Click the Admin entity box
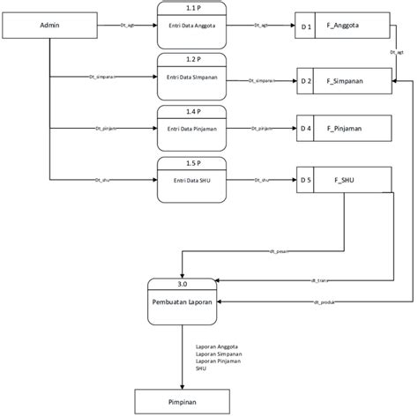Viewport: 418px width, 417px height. pos(50,26)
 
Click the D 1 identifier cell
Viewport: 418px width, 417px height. pos(306,27)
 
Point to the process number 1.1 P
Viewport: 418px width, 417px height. pos(192,7)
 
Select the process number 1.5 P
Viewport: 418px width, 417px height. pos(192,163)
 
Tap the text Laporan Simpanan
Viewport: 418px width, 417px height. pos(218,354)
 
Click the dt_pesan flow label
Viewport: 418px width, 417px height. pos(280,251)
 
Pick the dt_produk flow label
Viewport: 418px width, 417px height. pos(322,302)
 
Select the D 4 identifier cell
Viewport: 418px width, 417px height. pos(306,129)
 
